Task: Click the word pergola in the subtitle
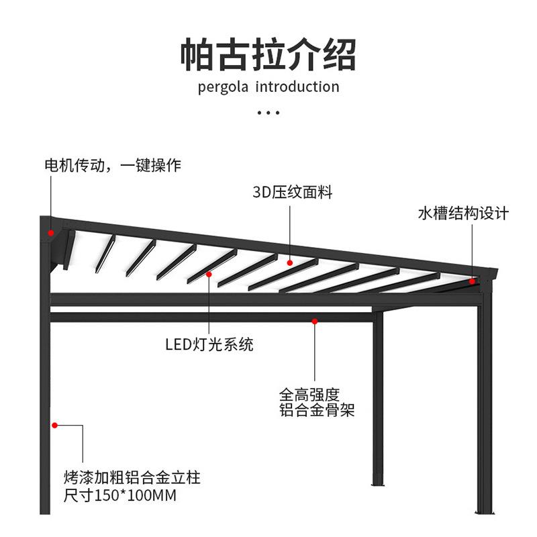[x=224, y=87]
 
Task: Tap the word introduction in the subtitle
[x=297, y=87]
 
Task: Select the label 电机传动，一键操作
[x=112, y=165]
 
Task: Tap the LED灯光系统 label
[x=209, y=345]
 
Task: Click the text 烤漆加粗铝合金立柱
[x=132, y=479]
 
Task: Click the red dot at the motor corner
[x=50, y=233]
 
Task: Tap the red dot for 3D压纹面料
[x=290, y=262]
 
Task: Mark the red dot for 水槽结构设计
[x=472, y=281]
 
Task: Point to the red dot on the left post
[x=55, y=424]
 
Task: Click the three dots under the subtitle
[x=268, y=113]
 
